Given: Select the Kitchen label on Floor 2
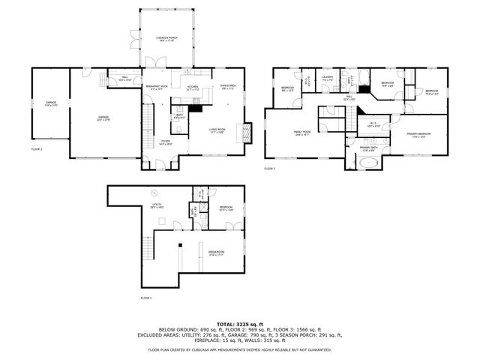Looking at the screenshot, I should coord(192,88).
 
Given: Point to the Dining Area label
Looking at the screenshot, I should coord(228,87).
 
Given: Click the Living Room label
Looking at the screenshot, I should coord(218,130).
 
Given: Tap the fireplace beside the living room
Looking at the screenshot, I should coord(248,133).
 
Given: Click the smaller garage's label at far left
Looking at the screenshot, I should coord(51,103).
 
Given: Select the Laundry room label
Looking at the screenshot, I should coord(327,78).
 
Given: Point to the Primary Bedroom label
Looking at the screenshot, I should coord(418,134).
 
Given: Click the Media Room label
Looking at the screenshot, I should coord(217,253).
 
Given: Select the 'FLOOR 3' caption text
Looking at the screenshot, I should coord(270,169).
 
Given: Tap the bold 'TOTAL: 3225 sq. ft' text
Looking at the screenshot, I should coord(239,323).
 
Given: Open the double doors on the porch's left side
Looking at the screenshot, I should coord(133,37).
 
